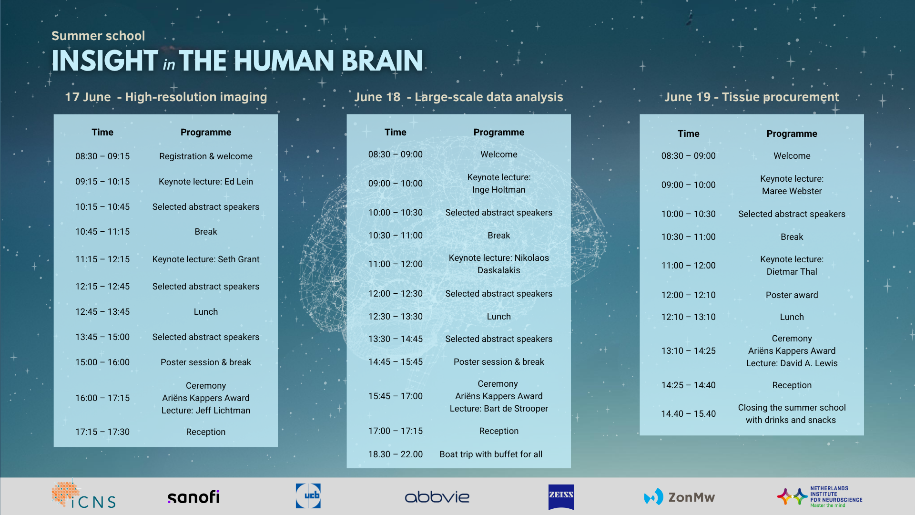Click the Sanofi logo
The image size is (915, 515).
193,497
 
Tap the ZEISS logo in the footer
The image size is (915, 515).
561,497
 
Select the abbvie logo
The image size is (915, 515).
437,497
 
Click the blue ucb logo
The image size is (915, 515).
308,495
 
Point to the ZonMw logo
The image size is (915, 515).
679,497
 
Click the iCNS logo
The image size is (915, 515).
83,495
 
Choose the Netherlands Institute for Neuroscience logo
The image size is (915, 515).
820,497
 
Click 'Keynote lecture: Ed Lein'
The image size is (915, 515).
206,182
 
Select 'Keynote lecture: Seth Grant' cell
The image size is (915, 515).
206,259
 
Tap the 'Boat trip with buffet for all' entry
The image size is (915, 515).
491,454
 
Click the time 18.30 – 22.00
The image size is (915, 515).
396,454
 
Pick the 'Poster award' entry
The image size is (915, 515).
792,295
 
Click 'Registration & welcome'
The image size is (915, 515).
206,156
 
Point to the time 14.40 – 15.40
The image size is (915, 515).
689,414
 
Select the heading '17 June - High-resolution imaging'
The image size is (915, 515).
166,97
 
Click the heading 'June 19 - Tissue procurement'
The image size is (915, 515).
752,97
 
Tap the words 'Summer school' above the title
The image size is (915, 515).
98,36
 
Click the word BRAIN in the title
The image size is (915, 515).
382,61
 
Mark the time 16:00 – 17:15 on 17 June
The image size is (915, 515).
102,398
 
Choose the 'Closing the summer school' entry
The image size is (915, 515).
792,408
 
